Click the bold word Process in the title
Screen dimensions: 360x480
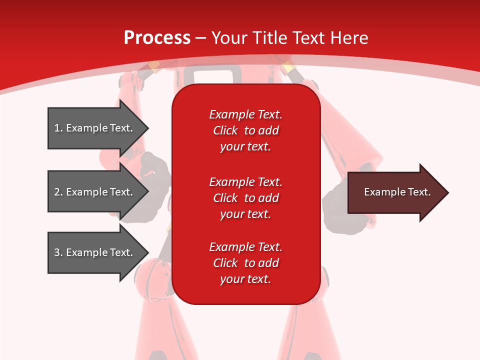pos(157,38)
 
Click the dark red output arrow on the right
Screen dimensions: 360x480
pos(395,192)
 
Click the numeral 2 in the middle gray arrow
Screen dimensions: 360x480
pos(57,192)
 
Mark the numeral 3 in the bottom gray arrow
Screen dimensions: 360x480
pos(57,252)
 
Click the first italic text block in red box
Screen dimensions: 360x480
pos(245,130)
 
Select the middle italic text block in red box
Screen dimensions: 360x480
pos(245,198)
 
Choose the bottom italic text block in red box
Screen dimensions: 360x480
pos(245,263)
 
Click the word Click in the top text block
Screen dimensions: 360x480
pos(225,130)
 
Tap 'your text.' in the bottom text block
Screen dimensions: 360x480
pos(245,279)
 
